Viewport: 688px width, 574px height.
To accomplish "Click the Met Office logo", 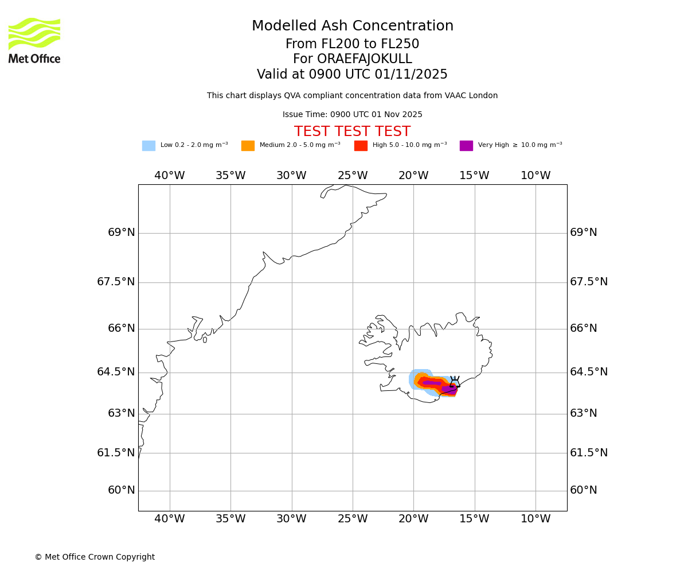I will pyautogui.click(x=34, y=40).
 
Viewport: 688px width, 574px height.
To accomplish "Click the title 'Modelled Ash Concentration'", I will pyautogui.click(x=352, y=26).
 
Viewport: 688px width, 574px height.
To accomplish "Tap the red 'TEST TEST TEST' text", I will pyautogui.click(x=352, y=132).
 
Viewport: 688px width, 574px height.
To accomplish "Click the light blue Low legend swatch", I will pyautogui.click(x=148, y=146).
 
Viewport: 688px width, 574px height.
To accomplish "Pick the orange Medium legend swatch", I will pyautogui.click(x=248, y=146).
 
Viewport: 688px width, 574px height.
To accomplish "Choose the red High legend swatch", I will pyautogui.click(x=361, y=146).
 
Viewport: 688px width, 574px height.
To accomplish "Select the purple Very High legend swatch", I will pyautogui.click(x=466, y=146).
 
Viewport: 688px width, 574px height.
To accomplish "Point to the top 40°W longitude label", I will pyautogui.click(x=170, y=176).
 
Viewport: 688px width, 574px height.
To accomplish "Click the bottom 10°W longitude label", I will pyautogui.click(x=535, y=519).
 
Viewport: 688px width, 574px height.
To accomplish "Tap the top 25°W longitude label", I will pyautogui.click(x=353, y=176).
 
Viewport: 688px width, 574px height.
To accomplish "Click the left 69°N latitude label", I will pyautogui.click(x=122, y=232).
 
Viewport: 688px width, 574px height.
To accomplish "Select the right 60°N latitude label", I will pyautogui.click(x=583, y=490).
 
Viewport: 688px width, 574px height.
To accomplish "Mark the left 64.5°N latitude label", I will pyautogui.click(x=116, y=372).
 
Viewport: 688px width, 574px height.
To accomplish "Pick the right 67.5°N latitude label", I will pyautogui.click(x=589, y=282).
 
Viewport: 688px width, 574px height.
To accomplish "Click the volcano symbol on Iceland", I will pyautogui.click(x=455, y=383).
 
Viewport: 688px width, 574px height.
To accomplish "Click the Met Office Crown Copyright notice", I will pyautogui.click(x=95, y=557).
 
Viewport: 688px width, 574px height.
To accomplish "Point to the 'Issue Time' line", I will pyautogui.click(x=352, y=115).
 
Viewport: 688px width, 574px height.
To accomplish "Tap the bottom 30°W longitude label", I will pyautogui.click(x=292, y=519).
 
